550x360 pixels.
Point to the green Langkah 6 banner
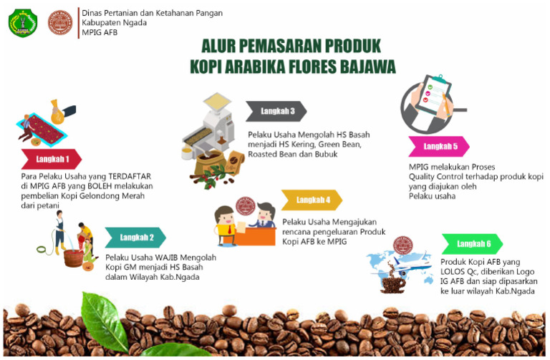pos(473,244)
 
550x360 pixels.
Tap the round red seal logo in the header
pos(59,23)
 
